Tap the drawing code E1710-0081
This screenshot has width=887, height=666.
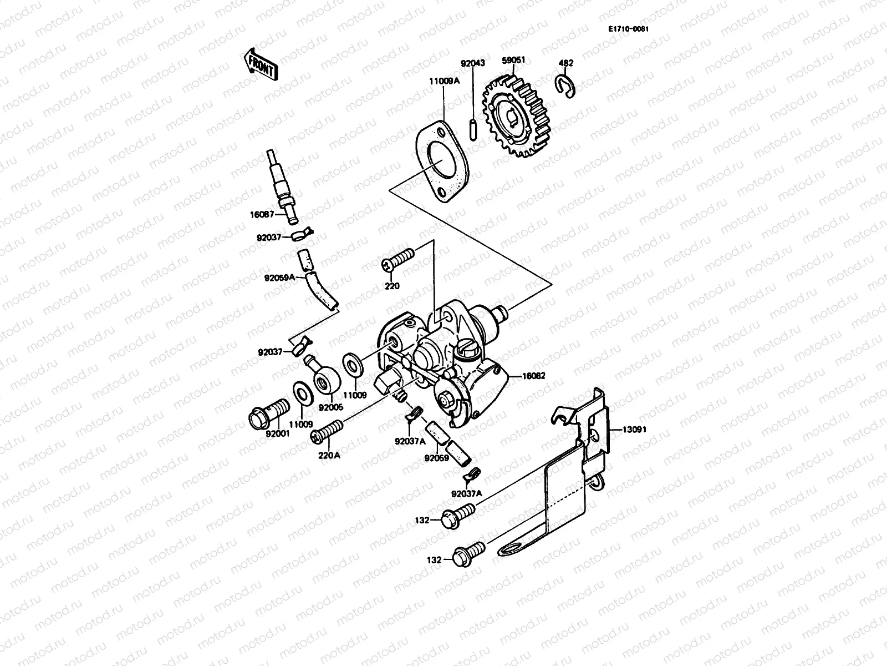click(x=628, y=29)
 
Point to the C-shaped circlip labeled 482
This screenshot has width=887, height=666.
click(x=565, y=85)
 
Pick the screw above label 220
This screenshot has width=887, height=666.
click(x=397, y=259)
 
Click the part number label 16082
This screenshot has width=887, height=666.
click(x=533, y=376)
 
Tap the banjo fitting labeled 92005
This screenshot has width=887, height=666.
click(x=323, y=380)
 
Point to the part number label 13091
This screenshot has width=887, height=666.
click(x=634, y=429)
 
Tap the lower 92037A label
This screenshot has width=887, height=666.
click(x=466, y=493)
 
